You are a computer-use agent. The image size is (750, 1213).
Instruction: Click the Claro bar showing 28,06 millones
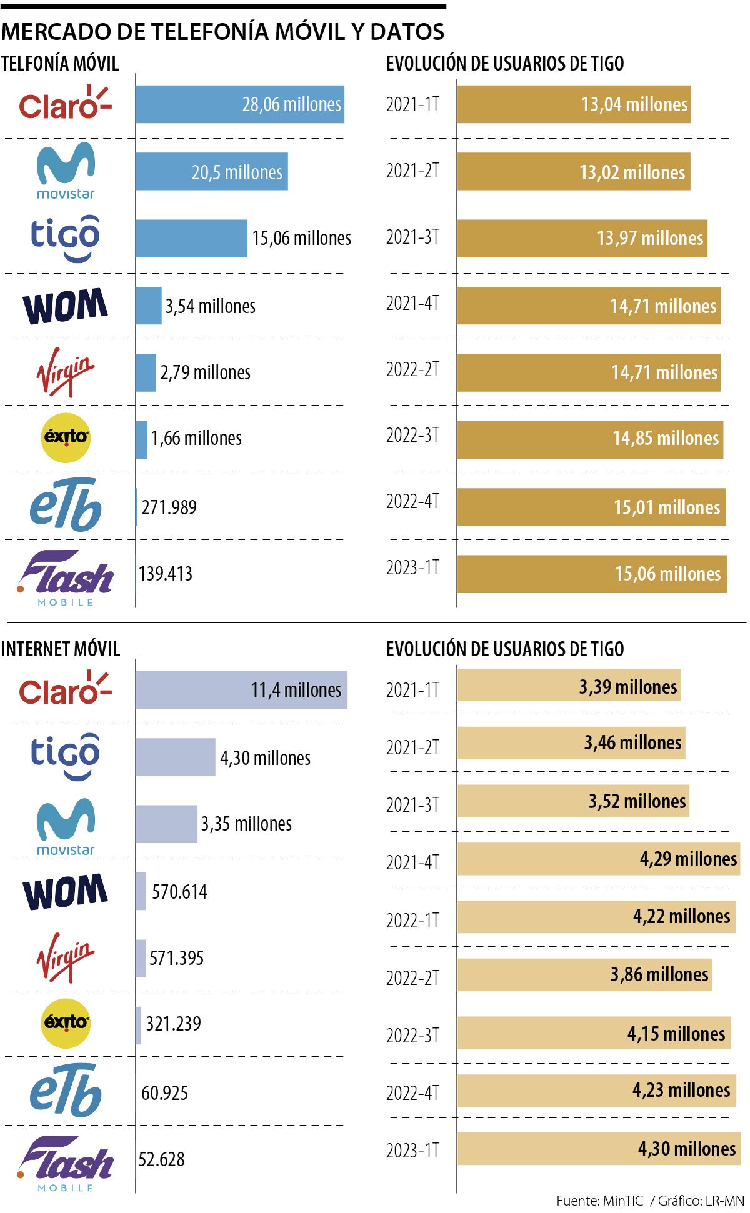point(239,104)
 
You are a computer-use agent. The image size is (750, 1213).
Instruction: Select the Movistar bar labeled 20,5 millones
point(211,171)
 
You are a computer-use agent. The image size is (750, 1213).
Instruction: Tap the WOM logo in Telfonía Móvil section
point(65,306)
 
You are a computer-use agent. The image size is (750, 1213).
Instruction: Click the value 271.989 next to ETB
point(169,507)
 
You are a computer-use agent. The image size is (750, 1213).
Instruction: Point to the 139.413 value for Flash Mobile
point(166,574)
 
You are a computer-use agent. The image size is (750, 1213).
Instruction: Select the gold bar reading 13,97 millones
point(582,238)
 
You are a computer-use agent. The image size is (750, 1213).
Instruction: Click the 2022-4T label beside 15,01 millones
point(412,501)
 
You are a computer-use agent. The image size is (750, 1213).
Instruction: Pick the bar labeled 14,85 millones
point(589,439)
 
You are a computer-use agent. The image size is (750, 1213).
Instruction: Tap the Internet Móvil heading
point(60,649)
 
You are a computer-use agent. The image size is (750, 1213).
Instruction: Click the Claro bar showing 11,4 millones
point(241,690)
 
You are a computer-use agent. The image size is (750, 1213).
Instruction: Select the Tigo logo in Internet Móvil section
point(65,757)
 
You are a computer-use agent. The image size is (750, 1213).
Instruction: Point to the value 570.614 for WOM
point(179,891)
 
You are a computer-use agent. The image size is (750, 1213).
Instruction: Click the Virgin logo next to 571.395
point(65,957)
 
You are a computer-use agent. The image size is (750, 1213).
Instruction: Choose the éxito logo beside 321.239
point(65,1022)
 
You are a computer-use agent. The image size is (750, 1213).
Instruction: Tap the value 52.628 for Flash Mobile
point(161,1159)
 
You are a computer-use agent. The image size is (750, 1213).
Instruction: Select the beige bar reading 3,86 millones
point(584,974)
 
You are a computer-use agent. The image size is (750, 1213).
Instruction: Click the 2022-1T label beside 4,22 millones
point(412,921)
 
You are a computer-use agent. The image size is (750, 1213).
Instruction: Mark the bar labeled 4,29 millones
point(598,859)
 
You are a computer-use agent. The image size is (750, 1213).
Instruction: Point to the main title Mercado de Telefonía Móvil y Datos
point(222,31)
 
